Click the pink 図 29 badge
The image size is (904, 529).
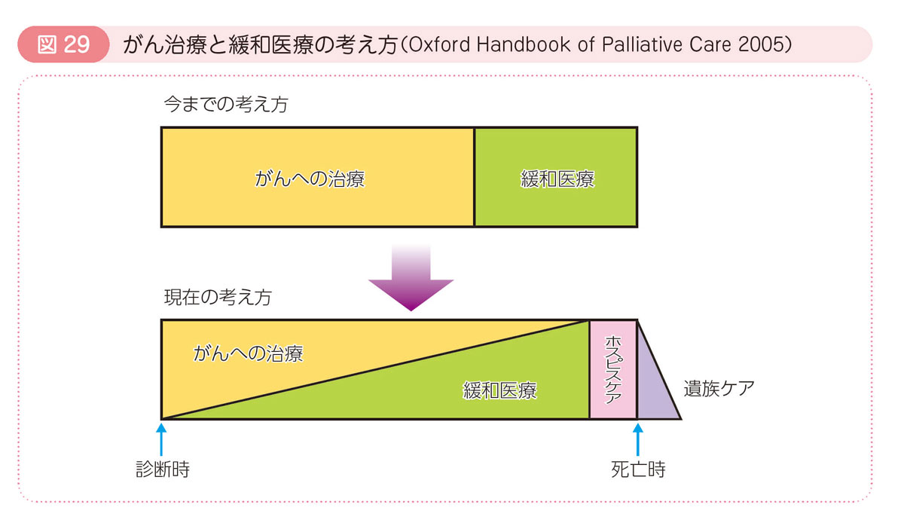click(x=63, y=44)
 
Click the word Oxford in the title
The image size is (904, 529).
click(x=439, y=44)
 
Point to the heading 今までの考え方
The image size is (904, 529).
click(x=226, y=104)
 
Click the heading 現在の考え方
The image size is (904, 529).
click(x=218, y=297)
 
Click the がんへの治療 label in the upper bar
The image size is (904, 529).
click(x=310, y=179)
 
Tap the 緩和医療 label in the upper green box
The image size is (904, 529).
click(x=557, y=179)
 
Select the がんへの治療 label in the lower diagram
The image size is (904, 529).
click(x=248, y=353)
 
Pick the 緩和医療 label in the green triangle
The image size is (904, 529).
click(x=499, y=390)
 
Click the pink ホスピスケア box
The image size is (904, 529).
click(x=613, y=369)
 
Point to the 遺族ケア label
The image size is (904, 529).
click(x=719, y=389)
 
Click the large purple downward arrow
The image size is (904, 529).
click(x=411, y=279)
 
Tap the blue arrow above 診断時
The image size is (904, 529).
click(x=161, y=439)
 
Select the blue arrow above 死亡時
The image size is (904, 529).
click(x=637, y=439)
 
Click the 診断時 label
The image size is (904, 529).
click(x=163, y=469)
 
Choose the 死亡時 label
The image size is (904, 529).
click(x=638, y=469)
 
